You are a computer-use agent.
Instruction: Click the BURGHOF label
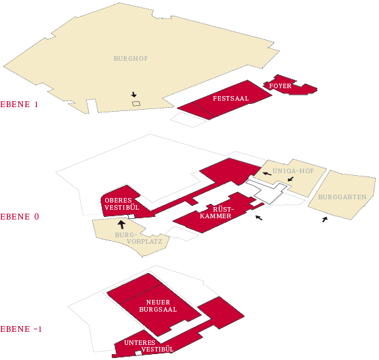point(131,58)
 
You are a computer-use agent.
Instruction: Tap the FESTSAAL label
point(231,99)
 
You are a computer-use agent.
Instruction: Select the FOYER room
point(290,85)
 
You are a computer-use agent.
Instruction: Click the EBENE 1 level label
point(19,105)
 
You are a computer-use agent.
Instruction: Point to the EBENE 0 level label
point(20,216)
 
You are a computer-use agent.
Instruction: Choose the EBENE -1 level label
point(21,329)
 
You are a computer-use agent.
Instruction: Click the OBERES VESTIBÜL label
point(122,204)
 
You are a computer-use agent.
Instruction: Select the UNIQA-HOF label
point(293,171)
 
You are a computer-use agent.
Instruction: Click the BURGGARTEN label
point(342,197)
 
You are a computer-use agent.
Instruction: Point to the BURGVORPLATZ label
point(139,238)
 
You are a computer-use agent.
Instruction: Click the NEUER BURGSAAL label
point(158,306)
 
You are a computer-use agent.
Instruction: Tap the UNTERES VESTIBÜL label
point(149,346)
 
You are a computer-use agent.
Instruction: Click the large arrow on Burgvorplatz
point(122,224)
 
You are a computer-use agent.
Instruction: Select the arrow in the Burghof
point(134,95)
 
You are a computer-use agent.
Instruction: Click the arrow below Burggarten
point(325,220)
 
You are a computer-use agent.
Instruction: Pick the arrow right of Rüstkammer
point(259,218)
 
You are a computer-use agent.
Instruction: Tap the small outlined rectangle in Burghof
point(137,104)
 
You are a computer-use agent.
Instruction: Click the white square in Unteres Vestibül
point(139,353)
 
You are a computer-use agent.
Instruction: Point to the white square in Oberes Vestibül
point(131,216)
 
